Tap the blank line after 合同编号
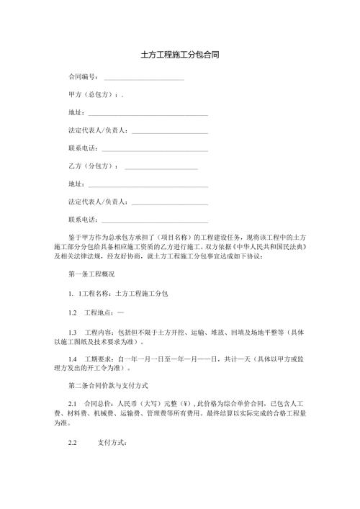[x=143, y=77]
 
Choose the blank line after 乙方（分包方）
[x=161, y=167]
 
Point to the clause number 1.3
[x=73, y=332]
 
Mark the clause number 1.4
[x=73, y=359]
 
